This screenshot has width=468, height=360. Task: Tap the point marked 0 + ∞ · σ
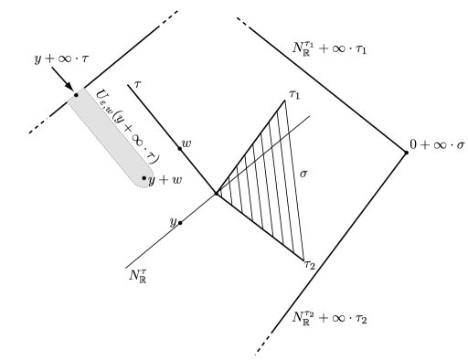pyautogui.click(x=406, y=152)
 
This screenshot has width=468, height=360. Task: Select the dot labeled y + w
pyautogui.click(x=144, y=178)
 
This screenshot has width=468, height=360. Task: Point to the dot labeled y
pyautogui.click(x=180, y=222)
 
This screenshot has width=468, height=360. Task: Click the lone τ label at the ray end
pyautogui.click(x=136, y=83)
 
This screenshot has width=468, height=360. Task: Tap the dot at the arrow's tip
pyautogui.click(x=77, y=94)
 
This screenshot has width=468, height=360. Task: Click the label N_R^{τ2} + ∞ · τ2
pyautogui.click(x=326, y=318)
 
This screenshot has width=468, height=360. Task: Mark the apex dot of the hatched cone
pyautogui.click(x=216, y=193)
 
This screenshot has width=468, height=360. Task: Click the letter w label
pyautogui.click(x=187, y=143)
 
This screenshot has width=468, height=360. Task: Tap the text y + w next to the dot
pyautogui.click(x=165, y=181)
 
